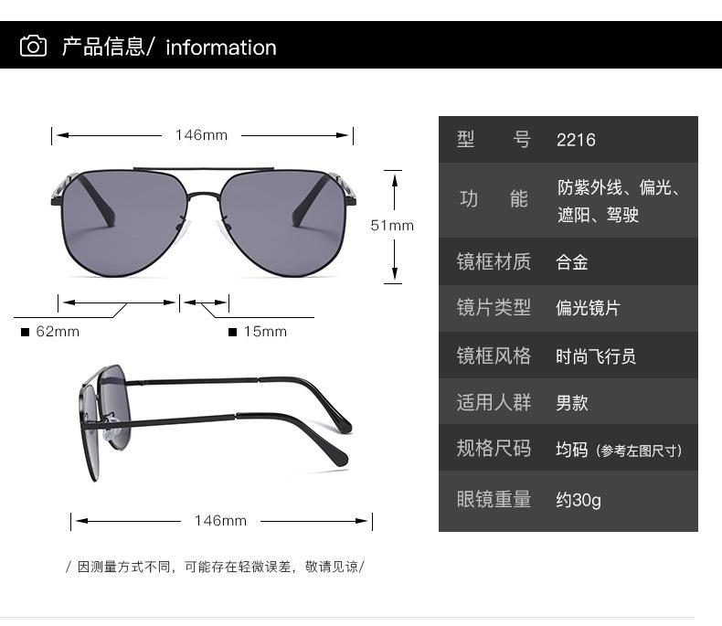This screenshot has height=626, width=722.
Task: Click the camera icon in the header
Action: (34, 46)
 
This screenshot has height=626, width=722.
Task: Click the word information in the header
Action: (220, 48)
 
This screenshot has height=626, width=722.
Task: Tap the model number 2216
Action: (576, 140)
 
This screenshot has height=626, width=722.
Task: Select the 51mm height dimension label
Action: (391, 225)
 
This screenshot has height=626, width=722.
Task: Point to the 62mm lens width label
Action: (58, 332)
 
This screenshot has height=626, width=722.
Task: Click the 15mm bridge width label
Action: (265, 332)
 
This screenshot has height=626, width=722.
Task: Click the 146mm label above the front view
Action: (201, 135)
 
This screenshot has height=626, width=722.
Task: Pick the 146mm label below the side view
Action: (220, 521)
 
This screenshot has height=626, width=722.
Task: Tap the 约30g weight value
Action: (579, 500)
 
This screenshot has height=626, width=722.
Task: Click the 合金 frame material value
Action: (572, 262)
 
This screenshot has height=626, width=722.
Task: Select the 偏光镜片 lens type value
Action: (588, 308)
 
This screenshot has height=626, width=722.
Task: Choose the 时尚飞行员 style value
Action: (596, 356)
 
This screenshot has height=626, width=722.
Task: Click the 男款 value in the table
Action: (572, 403)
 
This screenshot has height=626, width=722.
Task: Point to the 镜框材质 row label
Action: (494, 262)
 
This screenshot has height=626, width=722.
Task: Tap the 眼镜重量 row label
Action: (494, 500)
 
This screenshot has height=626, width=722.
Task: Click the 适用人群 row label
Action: (494, 403)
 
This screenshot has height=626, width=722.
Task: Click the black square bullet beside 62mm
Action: (25, 332)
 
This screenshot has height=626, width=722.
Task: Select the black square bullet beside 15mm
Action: (232, 332)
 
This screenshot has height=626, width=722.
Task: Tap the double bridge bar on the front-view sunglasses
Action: (203, 170)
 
